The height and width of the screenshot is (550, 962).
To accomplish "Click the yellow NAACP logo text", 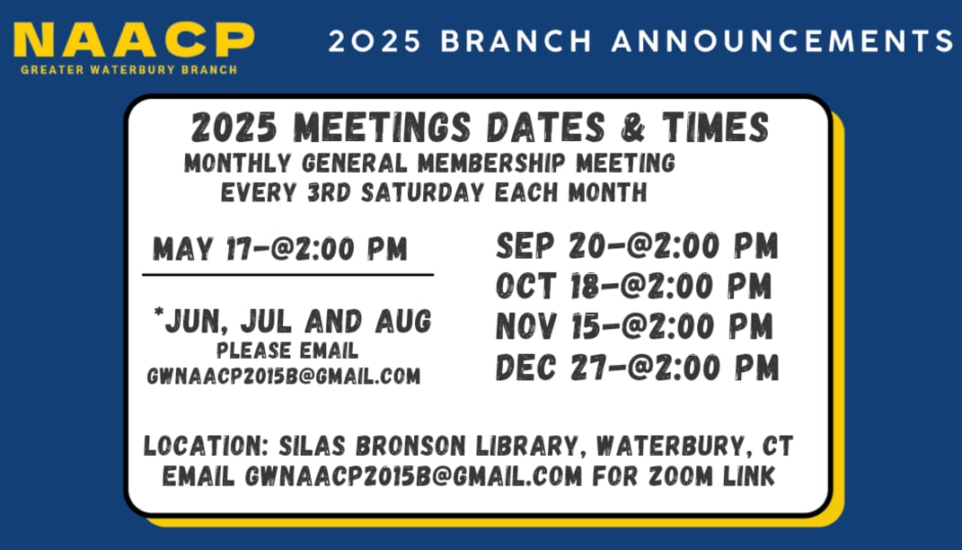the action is [134, 40].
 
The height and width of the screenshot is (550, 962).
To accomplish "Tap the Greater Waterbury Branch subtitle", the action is [128, 69].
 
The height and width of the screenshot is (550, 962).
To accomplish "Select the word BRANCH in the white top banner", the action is [516, 41].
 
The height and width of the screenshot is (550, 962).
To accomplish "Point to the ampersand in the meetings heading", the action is [633, 128].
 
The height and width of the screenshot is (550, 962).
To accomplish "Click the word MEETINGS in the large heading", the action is [383, 128].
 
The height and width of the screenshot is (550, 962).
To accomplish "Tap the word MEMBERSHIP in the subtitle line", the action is [491, 164].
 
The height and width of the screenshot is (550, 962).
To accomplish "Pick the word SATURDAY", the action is [423, 192].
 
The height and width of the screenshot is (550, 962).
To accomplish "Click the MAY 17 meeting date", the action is [279, 249].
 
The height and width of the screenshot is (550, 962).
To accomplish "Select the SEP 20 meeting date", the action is [637, 245].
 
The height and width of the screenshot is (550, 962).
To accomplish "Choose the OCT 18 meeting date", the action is [634, 286].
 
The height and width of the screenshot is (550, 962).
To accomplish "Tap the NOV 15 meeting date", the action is [634, 326].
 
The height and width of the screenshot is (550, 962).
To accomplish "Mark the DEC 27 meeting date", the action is [637, 367].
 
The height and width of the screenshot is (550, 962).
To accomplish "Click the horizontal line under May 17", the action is [287, 275].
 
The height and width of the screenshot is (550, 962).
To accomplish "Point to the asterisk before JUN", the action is [159, 313].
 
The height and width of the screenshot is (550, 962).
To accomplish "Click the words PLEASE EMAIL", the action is [287, 350].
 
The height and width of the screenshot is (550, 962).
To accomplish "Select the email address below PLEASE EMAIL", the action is [284, 376].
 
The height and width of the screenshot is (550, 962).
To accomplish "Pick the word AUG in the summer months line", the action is [403, 322].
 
